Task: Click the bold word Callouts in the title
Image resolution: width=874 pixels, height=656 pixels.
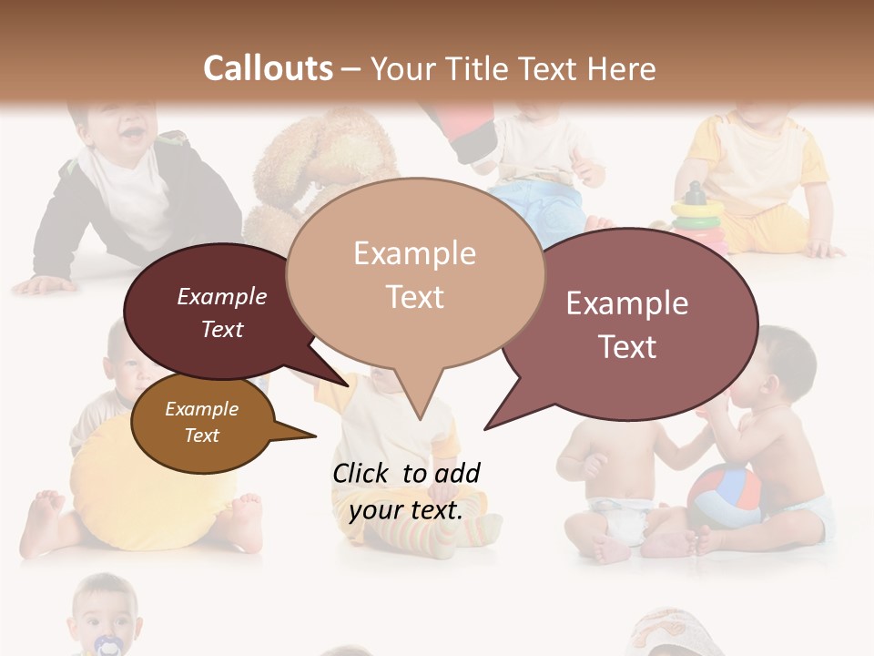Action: [x=268, y=68]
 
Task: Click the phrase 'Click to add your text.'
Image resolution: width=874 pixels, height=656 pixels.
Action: [x=406, y=491]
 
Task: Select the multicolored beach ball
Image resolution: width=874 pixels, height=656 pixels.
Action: [x=723, y=497]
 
